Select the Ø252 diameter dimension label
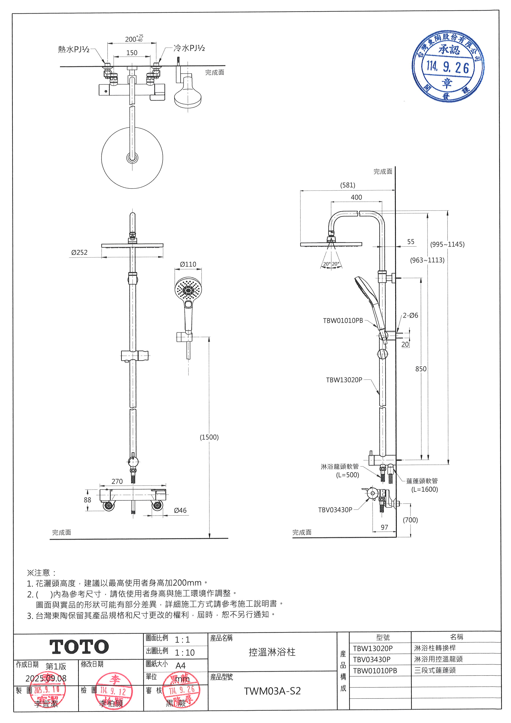click(79, 253)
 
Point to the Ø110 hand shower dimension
click(188, 264)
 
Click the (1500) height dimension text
click(209, 437)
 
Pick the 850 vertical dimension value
click(421, 369)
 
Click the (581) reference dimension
click(347, 185)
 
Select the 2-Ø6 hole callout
click(410, 315)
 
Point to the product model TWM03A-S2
click(272, 691)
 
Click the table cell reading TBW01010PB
click(375, 671)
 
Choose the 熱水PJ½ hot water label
click(74, 49)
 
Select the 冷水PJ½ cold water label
click(189, 48)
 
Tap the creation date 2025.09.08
click(46, 678)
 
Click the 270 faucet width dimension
click(117, 481)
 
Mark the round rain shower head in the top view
click(132, 158)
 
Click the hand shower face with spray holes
click(188, 289)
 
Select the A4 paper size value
click(181, 666)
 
